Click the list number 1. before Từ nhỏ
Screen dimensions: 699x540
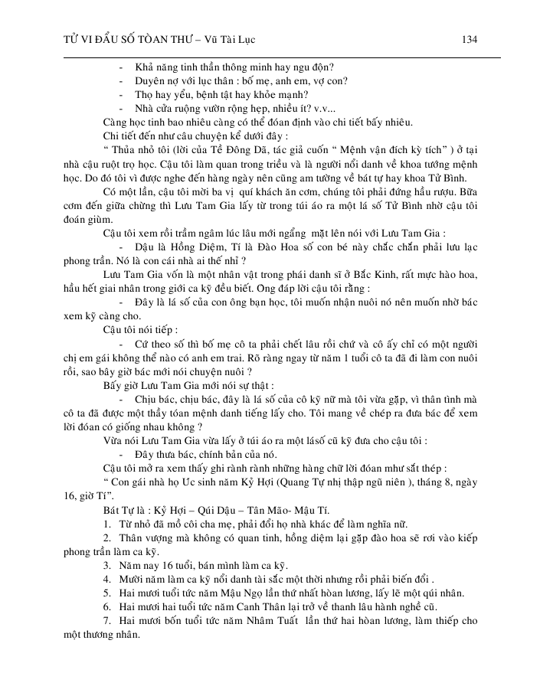[107, 524]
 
